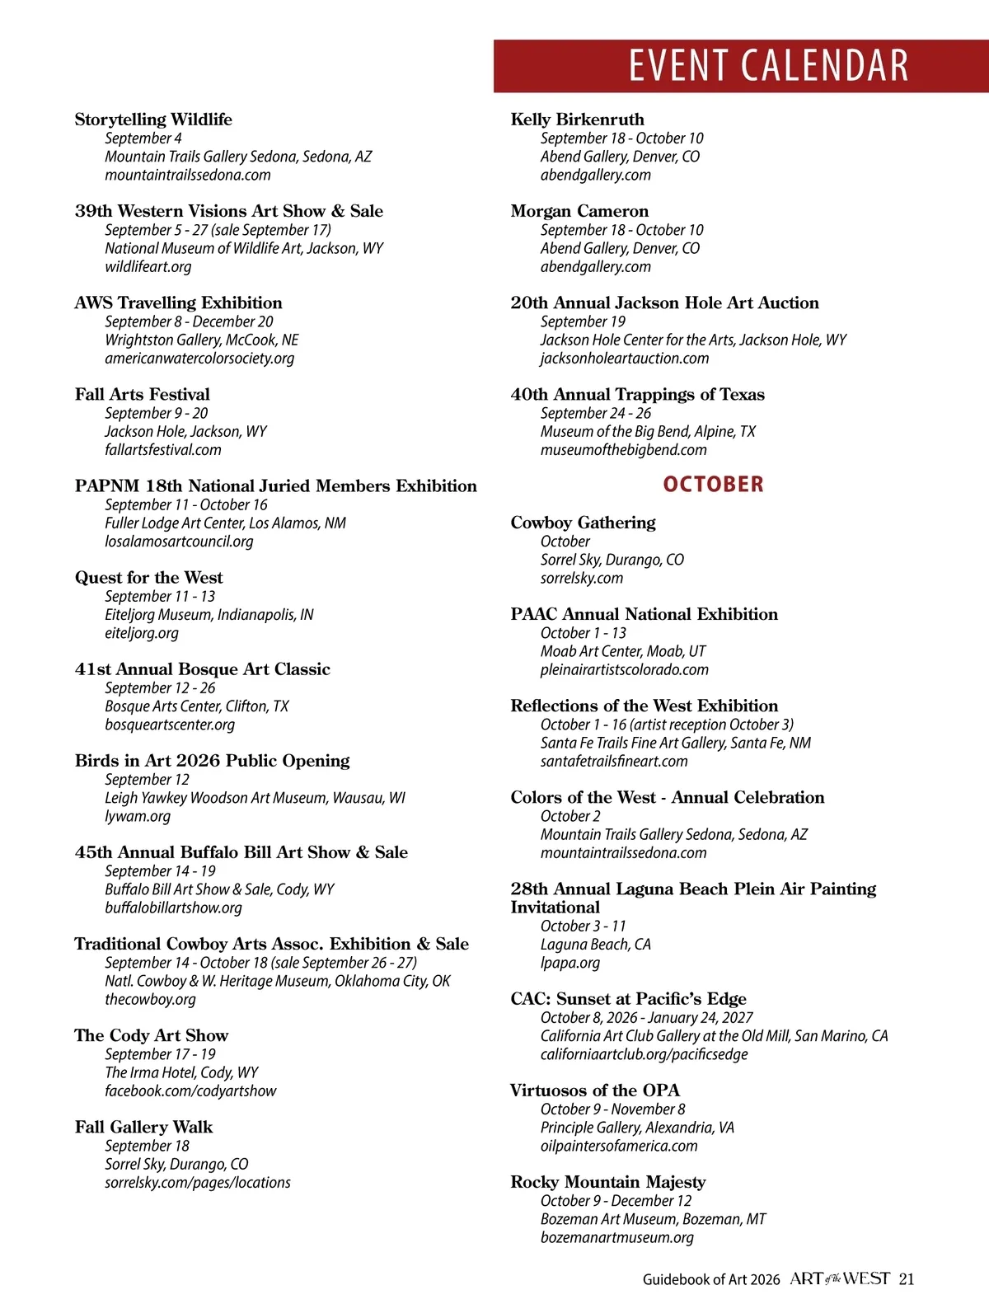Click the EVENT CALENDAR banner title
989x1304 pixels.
768,66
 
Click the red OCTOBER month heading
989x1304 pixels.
713,484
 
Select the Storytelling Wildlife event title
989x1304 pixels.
153,120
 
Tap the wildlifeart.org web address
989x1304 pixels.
148,266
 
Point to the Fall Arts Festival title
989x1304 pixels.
142,394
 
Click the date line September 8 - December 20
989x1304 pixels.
189,321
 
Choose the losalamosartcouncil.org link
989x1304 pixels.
179,542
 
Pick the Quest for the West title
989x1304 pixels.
148,577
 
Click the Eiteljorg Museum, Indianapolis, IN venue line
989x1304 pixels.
209,614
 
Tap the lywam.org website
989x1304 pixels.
138,816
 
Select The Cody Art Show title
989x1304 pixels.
151,1035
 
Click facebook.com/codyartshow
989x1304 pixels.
190,1091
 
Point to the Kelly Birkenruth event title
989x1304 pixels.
577,120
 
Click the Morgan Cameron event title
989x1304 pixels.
579,211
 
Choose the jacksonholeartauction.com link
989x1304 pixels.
624,358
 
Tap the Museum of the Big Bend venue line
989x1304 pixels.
647,431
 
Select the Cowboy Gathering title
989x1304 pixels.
583,523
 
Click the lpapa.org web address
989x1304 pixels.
569,962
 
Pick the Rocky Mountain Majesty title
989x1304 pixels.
607,1182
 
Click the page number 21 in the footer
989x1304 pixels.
907,1279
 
